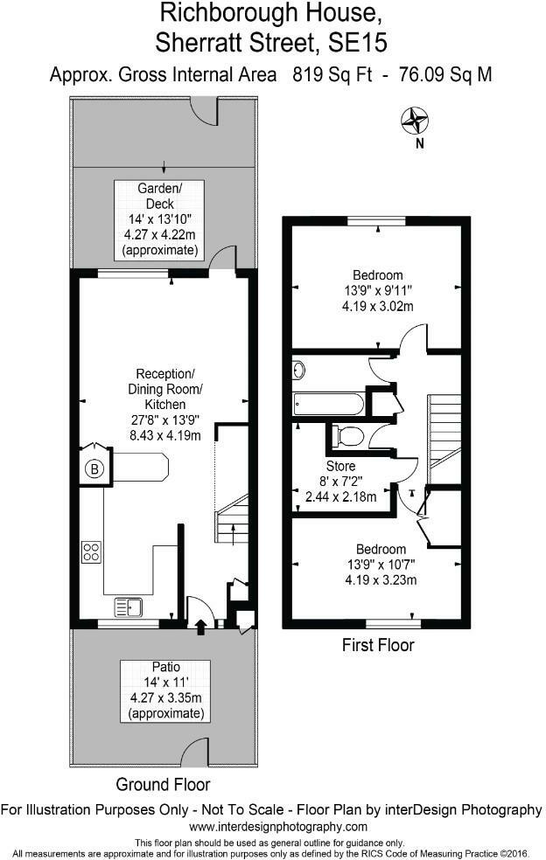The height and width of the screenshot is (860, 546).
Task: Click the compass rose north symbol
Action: [x=414, y=120]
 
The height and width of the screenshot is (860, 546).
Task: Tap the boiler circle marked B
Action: [x=94, y=469]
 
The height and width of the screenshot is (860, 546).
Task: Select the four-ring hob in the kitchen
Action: [x=91, y=551]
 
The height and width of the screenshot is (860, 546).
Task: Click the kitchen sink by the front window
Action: [x=128, y=605]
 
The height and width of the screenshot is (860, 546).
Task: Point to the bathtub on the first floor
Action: [x=327, y=404]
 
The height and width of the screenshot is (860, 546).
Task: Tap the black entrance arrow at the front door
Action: [x=201, y=625]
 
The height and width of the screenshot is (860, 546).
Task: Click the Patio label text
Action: [x=165, y=666]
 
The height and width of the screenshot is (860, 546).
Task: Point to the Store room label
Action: [x=341, y=466]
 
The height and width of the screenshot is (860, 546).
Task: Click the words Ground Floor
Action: [x=163, y=784]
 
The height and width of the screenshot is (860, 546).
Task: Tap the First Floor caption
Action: [x=377, y=646]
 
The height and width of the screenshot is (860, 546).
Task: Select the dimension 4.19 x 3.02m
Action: [x=378, y=306]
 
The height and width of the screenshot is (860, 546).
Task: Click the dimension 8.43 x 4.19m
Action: [x=165, y=435]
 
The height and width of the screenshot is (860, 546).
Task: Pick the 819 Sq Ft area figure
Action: [x=312, y=75]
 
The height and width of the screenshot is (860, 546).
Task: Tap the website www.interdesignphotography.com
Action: [x=278, y=826]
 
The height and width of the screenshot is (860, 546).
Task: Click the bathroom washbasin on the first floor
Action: [x=299, y=370]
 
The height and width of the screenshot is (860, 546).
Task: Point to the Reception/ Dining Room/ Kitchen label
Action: [x=165, y=389]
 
